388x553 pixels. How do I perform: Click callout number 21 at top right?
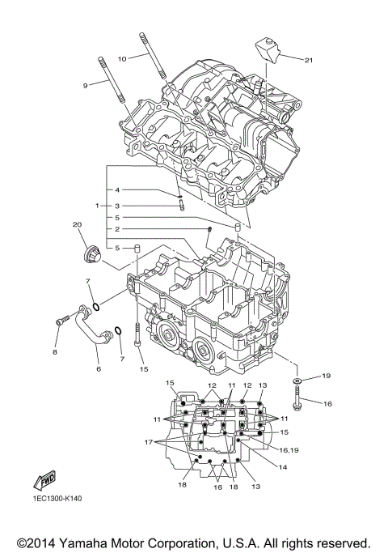(309, 59)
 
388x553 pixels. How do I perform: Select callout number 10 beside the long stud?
(122, 58)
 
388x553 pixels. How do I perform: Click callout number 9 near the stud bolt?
(84, 85)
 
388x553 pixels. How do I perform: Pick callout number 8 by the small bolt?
(56, 352)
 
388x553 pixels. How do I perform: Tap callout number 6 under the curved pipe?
(99, 368)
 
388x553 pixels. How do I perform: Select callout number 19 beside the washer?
(327, 376)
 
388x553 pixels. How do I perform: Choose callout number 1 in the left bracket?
(97, 206)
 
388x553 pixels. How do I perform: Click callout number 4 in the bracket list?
(117, 189)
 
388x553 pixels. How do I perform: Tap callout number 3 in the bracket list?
(117, 206)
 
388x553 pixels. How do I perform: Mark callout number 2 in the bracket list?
(117, 229)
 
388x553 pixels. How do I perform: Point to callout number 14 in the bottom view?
(283, 467)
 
